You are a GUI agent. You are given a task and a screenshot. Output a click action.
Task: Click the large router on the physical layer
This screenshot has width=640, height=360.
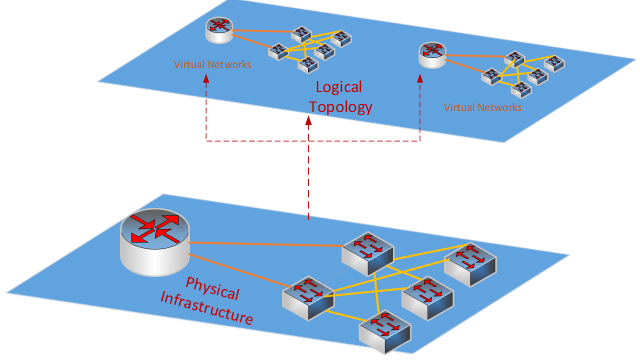tap(155, 242)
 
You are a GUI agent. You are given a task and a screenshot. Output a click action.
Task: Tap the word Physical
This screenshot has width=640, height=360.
tap(212, 288)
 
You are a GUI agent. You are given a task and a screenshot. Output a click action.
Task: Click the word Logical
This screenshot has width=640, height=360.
tap(338, 87)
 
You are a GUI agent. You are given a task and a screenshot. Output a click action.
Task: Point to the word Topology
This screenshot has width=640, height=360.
tap(340, 107)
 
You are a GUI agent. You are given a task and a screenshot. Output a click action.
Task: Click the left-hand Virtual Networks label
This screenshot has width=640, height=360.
tap(212, 64)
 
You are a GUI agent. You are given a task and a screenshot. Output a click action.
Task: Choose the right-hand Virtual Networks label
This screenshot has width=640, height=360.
tap(482, 107)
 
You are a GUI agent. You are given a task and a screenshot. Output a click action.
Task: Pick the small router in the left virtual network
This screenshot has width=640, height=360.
tap(219, 29)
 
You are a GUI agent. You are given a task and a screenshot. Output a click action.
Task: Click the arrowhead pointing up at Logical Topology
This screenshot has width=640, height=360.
tap(308, 120)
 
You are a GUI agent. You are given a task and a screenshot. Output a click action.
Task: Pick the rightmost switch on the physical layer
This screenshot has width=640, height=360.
tap(470, 264)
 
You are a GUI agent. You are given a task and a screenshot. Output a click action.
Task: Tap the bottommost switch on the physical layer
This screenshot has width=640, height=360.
tap(385, 331)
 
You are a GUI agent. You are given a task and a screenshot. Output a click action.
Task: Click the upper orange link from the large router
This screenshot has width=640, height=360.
tap(265, 244)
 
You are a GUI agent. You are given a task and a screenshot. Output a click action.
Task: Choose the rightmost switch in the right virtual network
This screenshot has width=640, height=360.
tap(554, 63)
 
